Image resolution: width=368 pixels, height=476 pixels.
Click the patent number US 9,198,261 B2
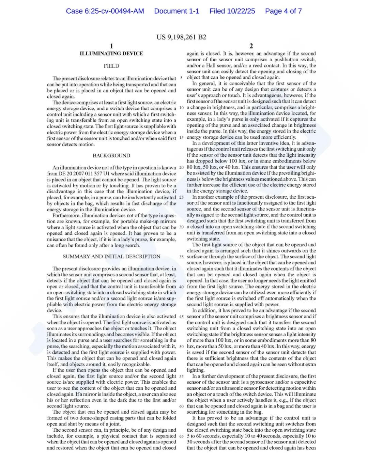click(x=181, y=37)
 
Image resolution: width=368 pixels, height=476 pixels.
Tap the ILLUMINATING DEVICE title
click(x=111, y=53)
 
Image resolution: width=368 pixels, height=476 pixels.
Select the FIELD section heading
click(x=111, y=66)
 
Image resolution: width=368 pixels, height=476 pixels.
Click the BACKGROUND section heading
click(x=111, y=156)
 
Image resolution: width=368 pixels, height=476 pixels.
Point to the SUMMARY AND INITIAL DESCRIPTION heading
click(x=111, y=257)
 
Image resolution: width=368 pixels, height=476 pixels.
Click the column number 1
click(x=111, y=46)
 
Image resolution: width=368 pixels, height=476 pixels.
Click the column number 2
click(x=251, y=46)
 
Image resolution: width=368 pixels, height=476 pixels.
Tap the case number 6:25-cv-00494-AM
click(x=105, y=11)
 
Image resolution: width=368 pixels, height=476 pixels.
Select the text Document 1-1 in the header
click(x=177, y=11)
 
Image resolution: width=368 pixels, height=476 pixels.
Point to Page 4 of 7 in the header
click(x=283, y=11)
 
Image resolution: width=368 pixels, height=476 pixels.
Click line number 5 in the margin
click(x=181, y=78)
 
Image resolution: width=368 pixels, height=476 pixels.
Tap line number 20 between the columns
click(x=181, y=167)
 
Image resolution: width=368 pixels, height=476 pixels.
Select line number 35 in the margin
click(x=181, y=257)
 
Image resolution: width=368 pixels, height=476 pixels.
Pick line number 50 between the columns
click(x=181, y=347)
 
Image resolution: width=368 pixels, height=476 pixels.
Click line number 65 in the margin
click(x=181, y=436)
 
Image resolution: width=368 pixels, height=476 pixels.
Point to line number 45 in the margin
click(x=181, y=317)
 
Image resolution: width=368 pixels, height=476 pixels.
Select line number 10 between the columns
click(x=181, y=108)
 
